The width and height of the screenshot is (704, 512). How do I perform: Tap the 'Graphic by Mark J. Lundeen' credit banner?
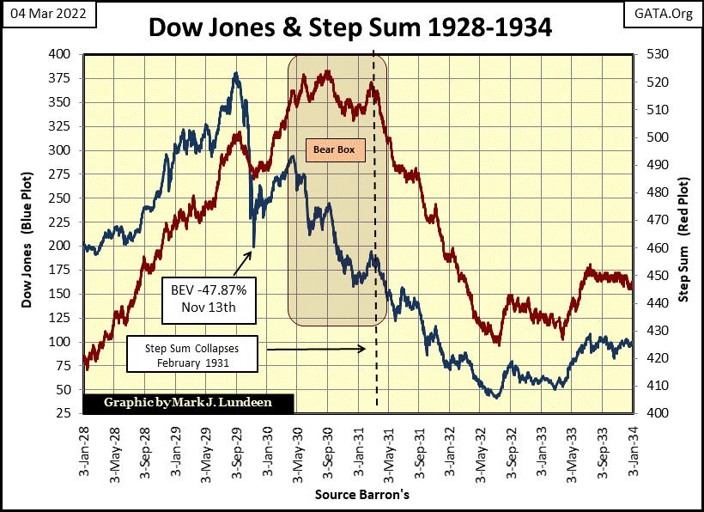click(188, 402)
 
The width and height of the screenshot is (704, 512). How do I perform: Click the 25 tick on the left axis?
click(69, 413)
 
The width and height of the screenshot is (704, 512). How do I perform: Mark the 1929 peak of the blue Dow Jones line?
click(236, 75)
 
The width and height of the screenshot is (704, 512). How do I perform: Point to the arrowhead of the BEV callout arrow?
click(253, 250)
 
